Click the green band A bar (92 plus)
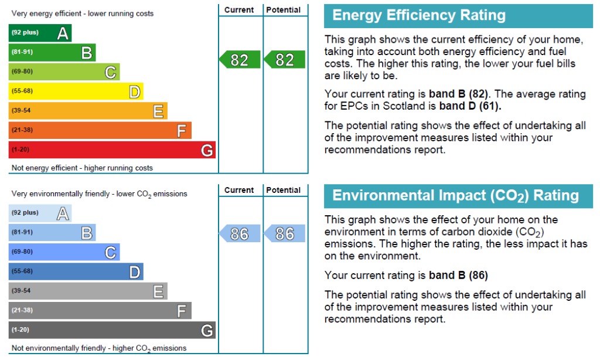pyautogui.click(x=40, y=33)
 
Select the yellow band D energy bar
pyautogui.click(x=76, y=91)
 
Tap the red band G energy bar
pyautogui.click(x=112, y=150)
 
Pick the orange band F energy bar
pyautogui.click(x=100, y=130)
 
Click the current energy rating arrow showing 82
pyautogui.click(x=240, y=60)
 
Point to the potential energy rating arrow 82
pyautogui.click(x=284, y=60)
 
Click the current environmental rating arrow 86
pyautogui.click(x=240, y=233)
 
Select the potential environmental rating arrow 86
pyautogui.click(x=284, y=233)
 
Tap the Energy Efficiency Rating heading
pyautogui.click(x=419, y=15)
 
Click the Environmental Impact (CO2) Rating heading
pyautogui.click(x=455, y=196)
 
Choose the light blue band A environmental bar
pyautogui.click(x=40, y=213)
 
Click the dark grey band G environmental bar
pyautogui.click(x=112, y=330)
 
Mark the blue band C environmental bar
pyautogui.click(x=64, y=252)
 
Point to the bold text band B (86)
pyautogui.click(x=458, y=276)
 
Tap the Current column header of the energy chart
pyautogui.click(x=239, y=10)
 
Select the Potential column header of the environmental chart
pyautogui.click(x=284, y=191)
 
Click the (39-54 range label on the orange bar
pyautogui.click(x=21, y=111)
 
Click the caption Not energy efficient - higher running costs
pyautogui.click(x=82, y=168)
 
